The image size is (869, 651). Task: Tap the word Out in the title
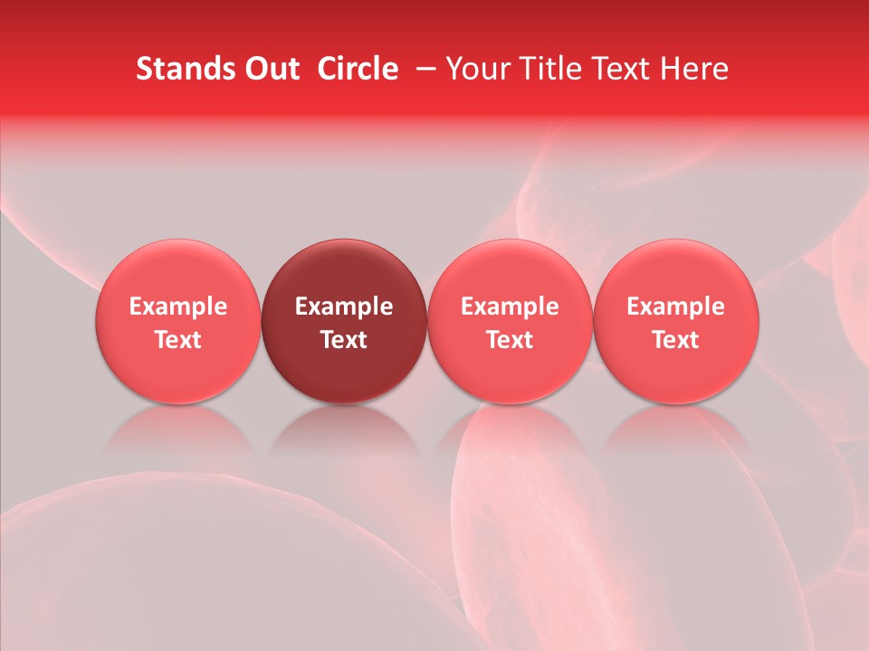tap(272, 69)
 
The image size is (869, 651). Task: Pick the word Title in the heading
tap(541, 69)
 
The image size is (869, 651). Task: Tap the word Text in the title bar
tap(612, 69)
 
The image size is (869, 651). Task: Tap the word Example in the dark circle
tap(344, 307)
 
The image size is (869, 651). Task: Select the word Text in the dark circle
tap(344, 340)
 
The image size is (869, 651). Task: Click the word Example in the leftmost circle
tap(178, 307)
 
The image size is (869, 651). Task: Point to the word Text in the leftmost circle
tap(178, 340)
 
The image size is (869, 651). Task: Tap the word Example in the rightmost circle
tap(676, 307)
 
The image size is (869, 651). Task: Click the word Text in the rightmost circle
tap(676, 340)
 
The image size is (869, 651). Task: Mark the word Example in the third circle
tap(510, 307)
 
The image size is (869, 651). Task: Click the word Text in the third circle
tap(510, 340)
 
